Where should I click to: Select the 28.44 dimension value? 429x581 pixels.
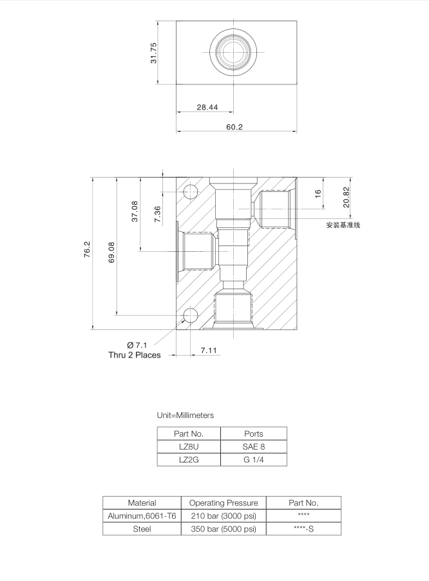207,107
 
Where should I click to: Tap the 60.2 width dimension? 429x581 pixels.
234,127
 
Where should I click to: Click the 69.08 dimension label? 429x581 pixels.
111,252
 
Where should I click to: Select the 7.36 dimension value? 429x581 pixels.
158,214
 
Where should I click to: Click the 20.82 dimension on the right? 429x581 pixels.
347,196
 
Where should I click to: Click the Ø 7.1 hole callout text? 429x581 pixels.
137,345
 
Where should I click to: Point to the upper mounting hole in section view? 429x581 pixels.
191,191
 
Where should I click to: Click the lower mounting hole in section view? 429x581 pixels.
191,314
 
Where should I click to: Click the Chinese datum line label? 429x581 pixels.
343,225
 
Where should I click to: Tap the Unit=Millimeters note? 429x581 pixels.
186,415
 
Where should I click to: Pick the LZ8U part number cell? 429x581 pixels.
189,446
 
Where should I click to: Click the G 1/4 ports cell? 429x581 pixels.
254,460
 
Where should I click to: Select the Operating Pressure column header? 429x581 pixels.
224,502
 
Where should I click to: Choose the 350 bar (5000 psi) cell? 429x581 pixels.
224,529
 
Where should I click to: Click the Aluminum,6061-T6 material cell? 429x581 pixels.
142,516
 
